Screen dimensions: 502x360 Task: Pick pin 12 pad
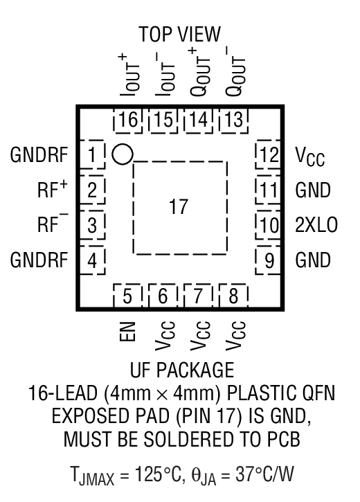(267, 154)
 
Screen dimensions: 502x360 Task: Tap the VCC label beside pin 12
(310, 156)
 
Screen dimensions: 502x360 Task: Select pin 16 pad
(127, 120)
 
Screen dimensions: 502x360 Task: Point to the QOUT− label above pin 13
(233, 71)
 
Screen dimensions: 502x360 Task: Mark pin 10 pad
(267, 224)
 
